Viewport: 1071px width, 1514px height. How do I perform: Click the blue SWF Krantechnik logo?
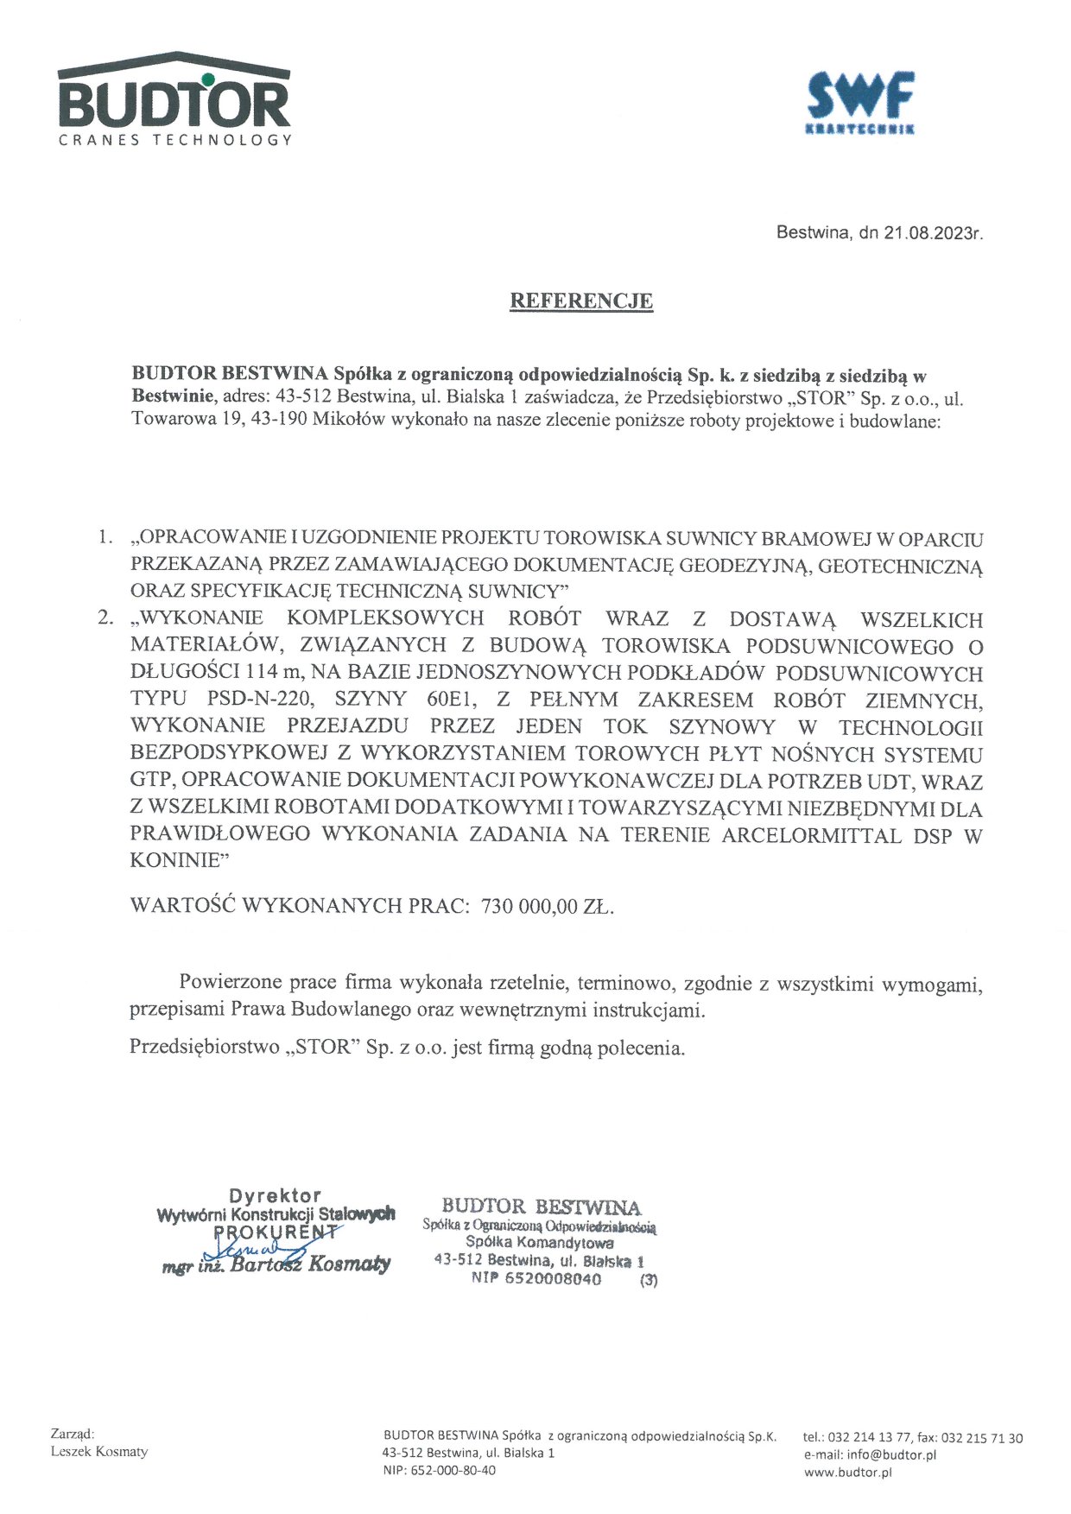tap(859, 99)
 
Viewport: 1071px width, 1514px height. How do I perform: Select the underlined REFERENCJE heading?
tap(581, 301)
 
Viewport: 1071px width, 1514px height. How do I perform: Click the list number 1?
tap(105, 538)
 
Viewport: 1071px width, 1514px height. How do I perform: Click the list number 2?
tap(105, 618)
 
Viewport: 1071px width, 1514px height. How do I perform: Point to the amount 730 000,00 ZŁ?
tap(548, 906)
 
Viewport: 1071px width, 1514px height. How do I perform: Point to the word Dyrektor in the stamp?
tap(275, 1196)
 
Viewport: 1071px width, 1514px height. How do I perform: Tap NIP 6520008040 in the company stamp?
tap(535, 1279)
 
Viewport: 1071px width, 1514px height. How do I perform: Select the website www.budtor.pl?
tap(847, 1473)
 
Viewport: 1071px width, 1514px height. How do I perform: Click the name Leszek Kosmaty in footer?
tap(99, 1451)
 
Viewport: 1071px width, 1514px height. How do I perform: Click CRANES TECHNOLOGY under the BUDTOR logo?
tap(175, 140)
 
